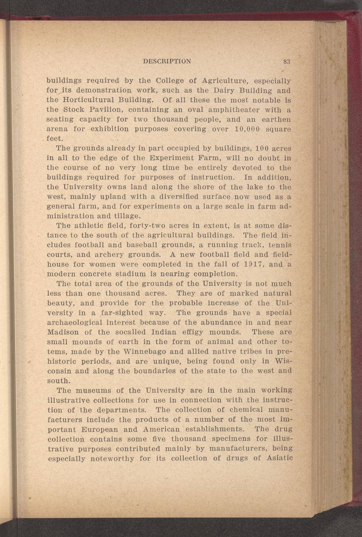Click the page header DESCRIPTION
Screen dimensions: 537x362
point(167,61)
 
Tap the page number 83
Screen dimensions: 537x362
point(287,61)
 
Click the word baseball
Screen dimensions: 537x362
point(144,245)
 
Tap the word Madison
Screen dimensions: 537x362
point(62,332)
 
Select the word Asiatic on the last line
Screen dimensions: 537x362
point(279,458)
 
